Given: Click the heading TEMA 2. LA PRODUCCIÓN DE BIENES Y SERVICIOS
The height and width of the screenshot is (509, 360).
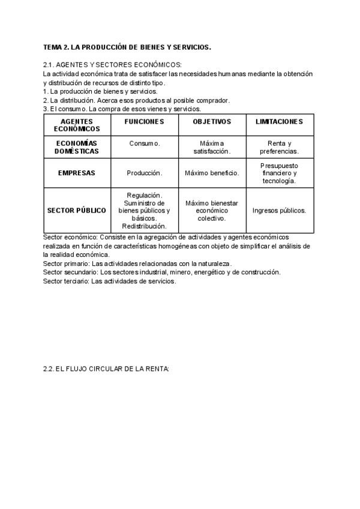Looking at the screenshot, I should point(127,47).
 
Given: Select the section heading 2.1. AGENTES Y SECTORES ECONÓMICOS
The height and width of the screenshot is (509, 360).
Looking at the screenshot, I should point(113,65).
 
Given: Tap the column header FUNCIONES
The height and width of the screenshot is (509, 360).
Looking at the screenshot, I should point(144,122).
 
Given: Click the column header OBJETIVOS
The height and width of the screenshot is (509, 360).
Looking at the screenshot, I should point(212,122).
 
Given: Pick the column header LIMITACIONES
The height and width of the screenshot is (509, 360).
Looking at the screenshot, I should point(279,122).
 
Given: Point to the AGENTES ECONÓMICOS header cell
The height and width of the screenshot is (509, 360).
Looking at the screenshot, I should point(77,125).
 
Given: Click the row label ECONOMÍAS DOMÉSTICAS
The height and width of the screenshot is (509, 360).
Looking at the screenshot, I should point(77,147).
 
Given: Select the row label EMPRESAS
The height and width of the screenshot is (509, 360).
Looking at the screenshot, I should point(77,173).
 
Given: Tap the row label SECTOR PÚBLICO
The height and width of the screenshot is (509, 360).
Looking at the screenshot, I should point(77,211).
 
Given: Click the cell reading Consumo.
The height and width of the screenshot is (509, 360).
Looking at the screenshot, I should point(144,143).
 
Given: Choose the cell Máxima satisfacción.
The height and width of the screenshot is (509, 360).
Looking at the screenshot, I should point(212,147).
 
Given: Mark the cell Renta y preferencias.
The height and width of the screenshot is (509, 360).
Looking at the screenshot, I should point(279,147).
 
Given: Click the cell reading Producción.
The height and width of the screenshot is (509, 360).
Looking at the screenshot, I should point(144,173).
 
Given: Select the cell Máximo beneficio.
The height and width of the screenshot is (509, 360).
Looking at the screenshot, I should point(212,173).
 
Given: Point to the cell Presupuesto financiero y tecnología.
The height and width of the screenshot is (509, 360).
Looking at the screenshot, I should point(279,173).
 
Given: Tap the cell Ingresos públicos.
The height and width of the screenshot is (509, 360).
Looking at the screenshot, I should point(279,211).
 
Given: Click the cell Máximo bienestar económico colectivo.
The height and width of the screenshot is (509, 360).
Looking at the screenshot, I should point(212,211).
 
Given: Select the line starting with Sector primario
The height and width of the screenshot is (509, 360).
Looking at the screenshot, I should point(137,264).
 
